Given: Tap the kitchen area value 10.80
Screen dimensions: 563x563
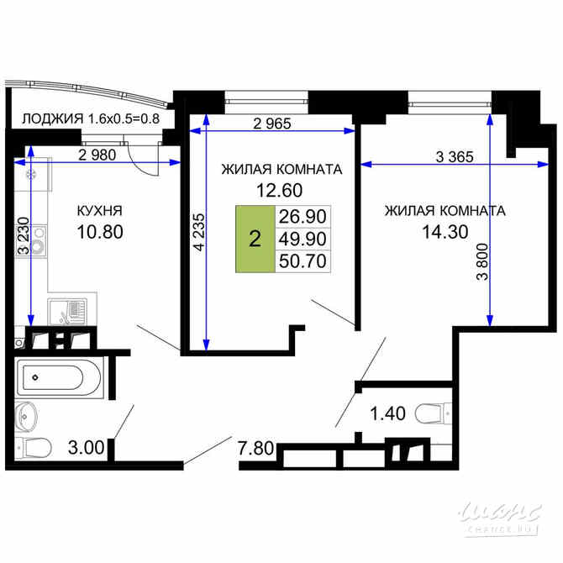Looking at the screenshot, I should click(x=100, y=230).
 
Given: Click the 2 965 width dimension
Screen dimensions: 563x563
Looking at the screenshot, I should click(x=271, y=124).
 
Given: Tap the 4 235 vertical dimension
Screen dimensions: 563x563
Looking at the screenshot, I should click(x=198, y=234).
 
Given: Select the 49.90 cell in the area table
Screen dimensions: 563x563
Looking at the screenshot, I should click(x=303, y=239).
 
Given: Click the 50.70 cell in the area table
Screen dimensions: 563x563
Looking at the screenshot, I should click(x=303, y=260).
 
